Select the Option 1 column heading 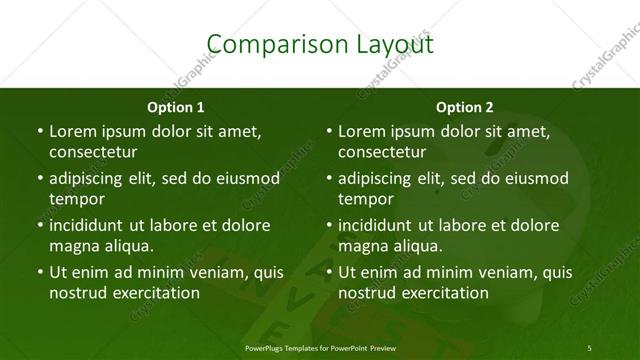176,107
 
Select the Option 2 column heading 464,107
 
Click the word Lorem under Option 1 72,131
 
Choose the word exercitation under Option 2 444,293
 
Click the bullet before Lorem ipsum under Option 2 327,131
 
